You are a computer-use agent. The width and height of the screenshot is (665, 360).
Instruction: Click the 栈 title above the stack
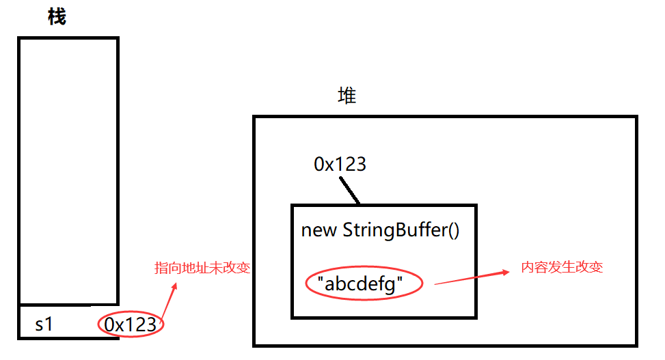[57, 17]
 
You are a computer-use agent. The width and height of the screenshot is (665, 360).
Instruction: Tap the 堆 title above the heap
[347, 96]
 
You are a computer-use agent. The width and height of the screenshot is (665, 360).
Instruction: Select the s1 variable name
[44, 324]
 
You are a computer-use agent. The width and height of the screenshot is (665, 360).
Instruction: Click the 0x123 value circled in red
[131, 324]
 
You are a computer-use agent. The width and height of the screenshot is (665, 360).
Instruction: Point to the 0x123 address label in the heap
[340, 164]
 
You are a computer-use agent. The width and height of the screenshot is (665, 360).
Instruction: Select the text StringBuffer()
[401, 230]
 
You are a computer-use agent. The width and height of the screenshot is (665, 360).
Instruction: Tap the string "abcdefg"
[364, 283]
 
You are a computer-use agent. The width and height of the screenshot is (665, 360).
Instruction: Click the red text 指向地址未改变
[202, 268]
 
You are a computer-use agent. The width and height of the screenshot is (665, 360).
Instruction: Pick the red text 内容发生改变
[562, 267]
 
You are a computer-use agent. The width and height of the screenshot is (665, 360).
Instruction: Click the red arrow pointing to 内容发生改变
[472, 277]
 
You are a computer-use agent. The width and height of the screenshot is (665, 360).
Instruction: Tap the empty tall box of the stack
[68, 171]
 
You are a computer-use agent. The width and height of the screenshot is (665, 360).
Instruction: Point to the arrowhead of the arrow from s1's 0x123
[174, 286]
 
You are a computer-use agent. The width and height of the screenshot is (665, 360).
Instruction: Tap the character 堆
[347, 96]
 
